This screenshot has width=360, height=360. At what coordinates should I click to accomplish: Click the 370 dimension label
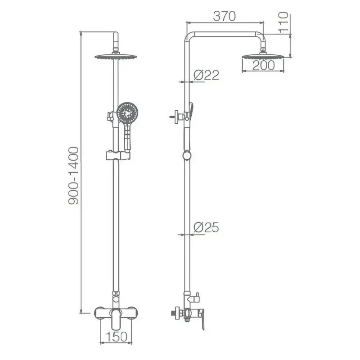point(224,16)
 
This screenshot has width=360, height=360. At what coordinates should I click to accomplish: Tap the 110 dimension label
point(283,22)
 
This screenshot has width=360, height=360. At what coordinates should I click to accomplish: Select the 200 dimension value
point(263,66)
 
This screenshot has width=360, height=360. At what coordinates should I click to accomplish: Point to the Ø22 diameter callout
point(206,75)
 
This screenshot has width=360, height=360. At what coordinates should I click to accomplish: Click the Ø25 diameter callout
point(206,227)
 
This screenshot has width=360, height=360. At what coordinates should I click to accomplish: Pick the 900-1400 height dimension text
point(74,175)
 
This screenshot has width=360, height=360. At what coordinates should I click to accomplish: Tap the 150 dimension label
point(116,337)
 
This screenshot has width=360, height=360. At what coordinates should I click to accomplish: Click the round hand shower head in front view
point(127,113)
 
